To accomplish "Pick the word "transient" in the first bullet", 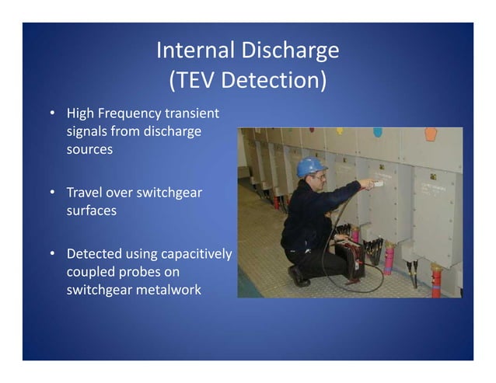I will pos(190,114).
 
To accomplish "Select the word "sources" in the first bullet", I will pos(89,148).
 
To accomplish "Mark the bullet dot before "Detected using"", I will pos(51,254).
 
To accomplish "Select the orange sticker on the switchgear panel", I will pos(430,134).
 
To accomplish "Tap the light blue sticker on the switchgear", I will pos(378,132).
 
